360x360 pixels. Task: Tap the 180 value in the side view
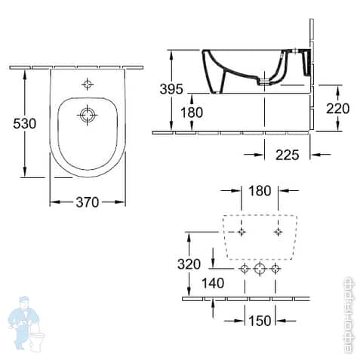pyautogui.click(x=192, y=112)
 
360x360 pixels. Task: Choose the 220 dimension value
pyautogui.click(x=337, y=108)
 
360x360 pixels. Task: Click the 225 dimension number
pyautogui.click(x=287, y=155)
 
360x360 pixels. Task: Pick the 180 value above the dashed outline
pyautogui.click(x=259, y=191)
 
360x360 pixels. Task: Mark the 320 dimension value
pyautogui.click(x=189, y=264)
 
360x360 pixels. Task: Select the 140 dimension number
pyautogui.click(x=214, y=284)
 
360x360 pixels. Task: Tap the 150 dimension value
pyautogui.click(x=259, y=322)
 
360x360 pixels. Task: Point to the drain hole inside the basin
pyautogui.click(x=88, y=115)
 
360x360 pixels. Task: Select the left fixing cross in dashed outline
pyautogui.click(x=242, y=232)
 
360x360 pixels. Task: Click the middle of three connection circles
pyautogui.click(x=259, y=269)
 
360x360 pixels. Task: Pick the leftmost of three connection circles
pyautogui.click(x=243, y=269)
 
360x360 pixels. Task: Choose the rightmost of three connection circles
pyautogui.click(x=275, y=269)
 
